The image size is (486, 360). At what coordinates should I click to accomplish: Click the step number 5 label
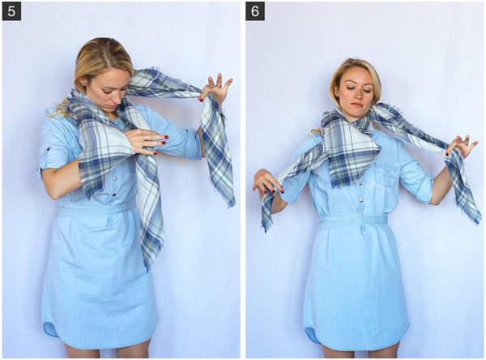[11, 11]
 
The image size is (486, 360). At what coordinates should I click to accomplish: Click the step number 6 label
[255, 11]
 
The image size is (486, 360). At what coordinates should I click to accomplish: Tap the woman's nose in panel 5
[114, 98]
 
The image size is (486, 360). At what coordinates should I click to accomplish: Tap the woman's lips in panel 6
[356, 105]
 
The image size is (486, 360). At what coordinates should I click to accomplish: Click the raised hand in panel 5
[216, 88]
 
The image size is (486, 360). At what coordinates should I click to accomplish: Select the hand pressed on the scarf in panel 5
[147, 142]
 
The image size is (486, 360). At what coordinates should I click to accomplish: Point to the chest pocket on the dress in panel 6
[386, 178]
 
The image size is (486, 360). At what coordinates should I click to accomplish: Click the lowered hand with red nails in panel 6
[267, 183]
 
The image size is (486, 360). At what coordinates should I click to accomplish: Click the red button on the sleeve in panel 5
[48, 149]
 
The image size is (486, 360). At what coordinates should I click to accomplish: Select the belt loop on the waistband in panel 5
[110, 220]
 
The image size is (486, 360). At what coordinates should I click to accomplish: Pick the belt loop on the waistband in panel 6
[362, 229]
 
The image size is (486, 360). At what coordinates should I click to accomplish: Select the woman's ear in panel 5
[84, 85]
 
